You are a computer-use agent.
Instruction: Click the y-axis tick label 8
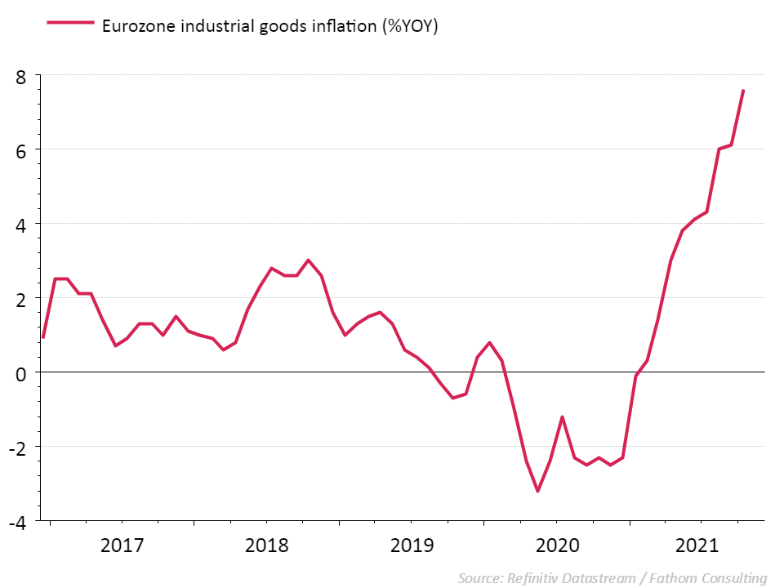22,76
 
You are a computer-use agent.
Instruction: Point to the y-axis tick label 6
22,150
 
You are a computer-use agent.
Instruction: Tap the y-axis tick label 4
22,225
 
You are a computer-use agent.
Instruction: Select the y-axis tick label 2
22,299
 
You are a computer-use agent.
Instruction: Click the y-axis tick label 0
22,373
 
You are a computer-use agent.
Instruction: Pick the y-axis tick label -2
19,448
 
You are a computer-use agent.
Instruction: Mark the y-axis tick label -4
19,522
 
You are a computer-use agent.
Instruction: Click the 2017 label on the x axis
122,545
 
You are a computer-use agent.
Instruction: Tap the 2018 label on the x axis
267,545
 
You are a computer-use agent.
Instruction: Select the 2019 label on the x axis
412,545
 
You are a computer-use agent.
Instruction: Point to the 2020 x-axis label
556,545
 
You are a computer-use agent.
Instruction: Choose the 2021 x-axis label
701,545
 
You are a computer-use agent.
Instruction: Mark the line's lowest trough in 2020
538,491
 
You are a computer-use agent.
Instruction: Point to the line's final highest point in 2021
743,91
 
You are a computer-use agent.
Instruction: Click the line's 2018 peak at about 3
308,261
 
